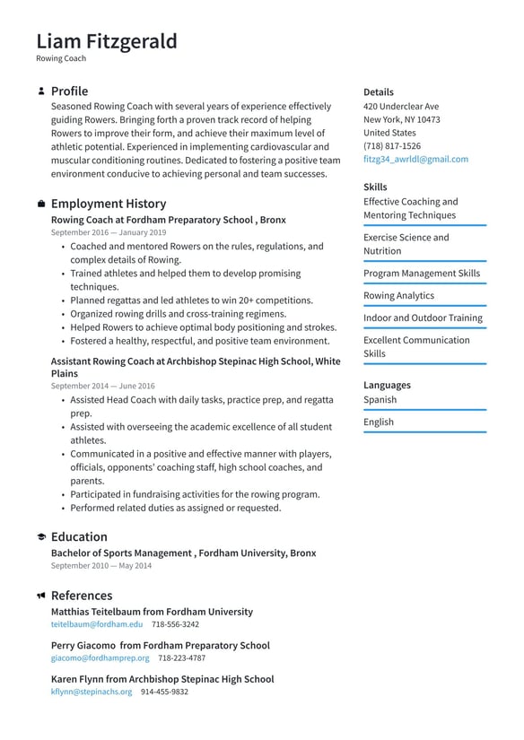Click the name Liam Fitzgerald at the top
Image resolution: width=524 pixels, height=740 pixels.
pyautogui.click(x=107, y=41)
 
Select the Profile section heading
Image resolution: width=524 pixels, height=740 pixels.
pyautogui.click(x=69, y=91)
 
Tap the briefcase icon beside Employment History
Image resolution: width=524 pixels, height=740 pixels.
pyautogui.click(x=41, y=205)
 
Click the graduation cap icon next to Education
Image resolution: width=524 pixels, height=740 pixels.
pyautogui.click(x=41, y=537)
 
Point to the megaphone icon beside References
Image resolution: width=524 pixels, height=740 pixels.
pyautogui.click(x=41, y=596)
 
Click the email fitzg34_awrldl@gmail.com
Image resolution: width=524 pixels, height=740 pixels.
pyautogui.click(x=415, y=159)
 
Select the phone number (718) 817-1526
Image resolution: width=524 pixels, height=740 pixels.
pyautogui.click(x=391, y=145)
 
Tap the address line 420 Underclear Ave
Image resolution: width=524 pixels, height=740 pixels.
pyautogui.click(x=401, y=106)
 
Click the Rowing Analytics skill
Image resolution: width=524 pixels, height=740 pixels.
pyautogui.click(x=398, y=295)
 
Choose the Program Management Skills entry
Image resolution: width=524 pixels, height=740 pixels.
pyautogui.click(x=421, y=273)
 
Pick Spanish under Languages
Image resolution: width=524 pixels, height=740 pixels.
pyautogui.click(x=380, y=399)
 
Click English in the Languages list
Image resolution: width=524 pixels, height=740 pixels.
pyautogui.click(x=378, y=422)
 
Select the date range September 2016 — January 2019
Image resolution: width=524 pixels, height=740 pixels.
pyautogui.click(x=108, y=232)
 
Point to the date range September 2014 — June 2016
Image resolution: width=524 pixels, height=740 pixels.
pyautogui.click(x=102, y=386)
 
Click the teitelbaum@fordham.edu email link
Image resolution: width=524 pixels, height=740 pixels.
pyautogui.click(x=96, y=624)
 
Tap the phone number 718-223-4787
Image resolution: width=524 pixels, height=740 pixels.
pyautogui.click(x=181, y=658)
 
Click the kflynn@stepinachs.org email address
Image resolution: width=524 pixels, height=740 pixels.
pyautogui.click(x=91, y=692)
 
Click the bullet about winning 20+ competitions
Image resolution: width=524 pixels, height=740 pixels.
pyautogui.click(x=191, y=300)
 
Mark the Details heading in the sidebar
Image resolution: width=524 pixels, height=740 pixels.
pyautogui.click(x=378, y=91)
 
